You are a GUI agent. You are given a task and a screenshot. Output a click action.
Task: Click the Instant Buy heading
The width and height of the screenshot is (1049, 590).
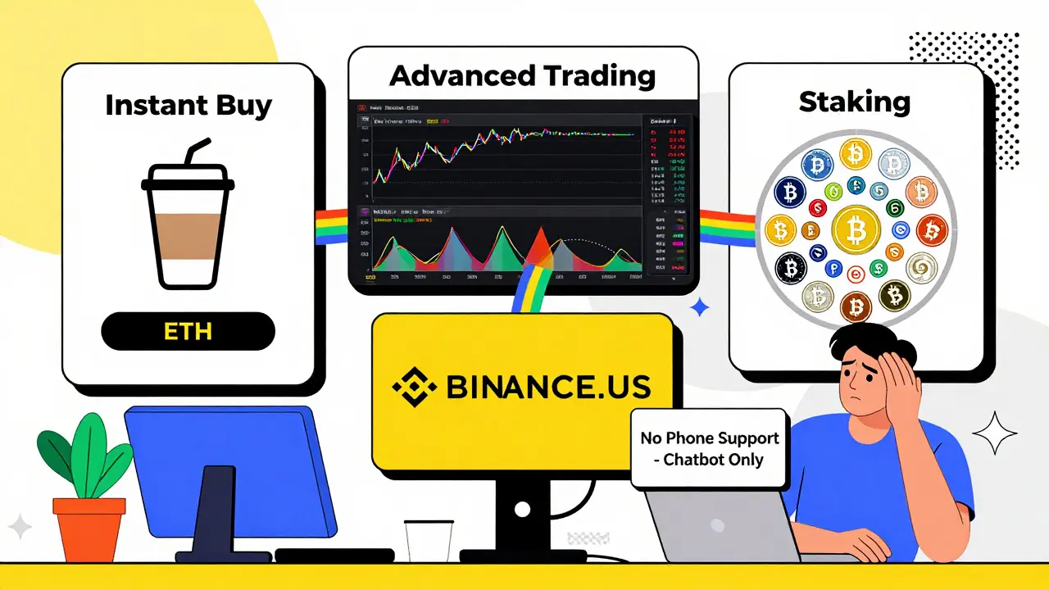[188, 106]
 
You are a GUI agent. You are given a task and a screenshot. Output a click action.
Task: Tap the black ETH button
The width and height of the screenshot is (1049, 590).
[188, 331]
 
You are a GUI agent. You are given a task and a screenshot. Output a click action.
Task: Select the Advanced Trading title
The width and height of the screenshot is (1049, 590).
[522, 75]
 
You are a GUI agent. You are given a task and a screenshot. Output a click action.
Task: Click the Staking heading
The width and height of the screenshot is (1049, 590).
[855, 102]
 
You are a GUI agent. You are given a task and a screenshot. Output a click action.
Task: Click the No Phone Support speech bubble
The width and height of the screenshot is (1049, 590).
[709, 448]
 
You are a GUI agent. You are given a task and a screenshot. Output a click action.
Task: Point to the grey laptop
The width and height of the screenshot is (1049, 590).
[721, 524]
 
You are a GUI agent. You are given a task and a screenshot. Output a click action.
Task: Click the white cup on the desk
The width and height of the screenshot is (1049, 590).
[428, 541]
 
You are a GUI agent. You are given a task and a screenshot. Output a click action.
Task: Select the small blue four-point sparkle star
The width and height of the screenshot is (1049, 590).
[700, 307]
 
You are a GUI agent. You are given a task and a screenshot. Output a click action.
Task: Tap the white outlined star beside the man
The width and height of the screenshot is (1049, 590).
[993, 433]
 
